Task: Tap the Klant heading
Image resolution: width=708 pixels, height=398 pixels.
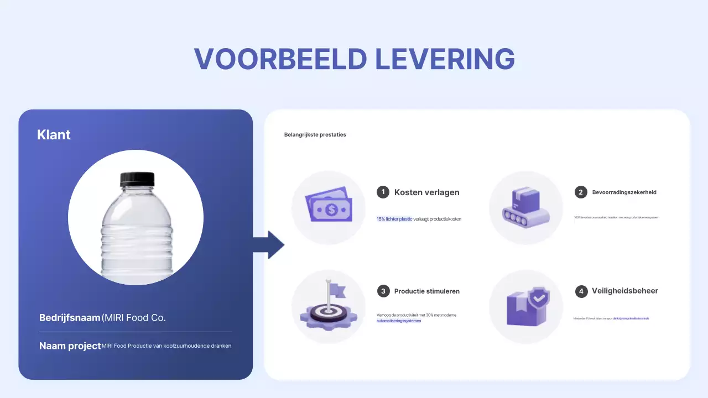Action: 54,134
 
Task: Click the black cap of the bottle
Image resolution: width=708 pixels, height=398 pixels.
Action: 137,179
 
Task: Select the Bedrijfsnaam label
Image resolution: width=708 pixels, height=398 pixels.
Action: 70,318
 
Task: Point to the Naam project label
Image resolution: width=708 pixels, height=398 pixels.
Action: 70,346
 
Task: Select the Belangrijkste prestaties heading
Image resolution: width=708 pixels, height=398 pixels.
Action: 315,134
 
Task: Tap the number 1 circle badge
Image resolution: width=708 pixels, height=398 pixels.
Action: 383,192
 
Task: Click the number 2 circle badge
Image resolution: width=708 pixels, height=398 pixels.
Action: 581,192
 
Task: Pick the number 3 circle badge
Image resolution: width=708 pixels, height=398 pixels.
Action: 383,291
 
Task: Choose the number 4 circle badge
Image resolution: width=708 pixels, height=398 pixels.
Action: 581,291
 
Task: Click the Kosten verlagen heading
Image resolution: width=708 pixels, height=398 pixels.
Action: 426,192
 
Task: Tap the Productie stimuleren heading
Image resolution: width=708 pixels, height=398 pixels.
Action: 426,291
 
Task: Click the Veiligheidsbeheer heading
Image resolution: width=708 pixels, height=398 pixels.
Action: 624,291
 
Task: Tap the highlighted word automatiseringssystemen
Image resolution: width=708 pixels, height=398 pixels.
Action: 398,321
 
